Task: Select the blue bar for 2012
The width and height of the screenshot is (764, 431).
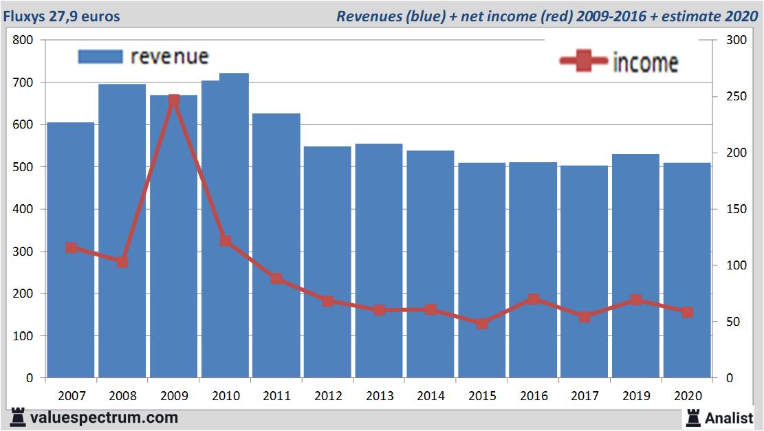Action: click(327, 261)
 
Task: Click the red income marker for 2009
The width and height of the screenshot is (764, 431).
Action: click(174, 100)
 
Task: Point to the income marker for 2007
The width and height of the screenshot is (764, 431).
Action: click(71, 247)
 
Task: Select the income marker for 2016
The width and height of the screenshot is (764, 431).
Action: click(534, 299)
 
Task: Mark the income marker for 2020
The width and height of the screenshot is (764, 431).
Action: click(687, 312)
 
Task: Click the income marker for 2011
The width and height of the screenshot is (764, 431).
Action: click(276, 278)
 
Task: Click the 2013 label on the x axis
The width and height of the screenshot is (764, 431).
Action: click(379, 396)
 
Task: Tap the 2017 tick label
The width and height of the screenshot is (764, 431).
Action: click(585, 396)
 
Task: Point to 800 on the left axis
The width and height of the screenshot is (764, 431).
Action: click(23, 40)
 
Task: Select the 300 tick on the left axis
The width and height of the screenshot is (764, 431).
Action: click(23, 252)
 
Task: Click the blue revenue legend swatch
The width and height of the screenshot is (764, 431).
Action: click(100, 56)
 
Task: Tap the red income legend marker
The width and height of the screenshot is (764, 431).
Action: click(583, 62)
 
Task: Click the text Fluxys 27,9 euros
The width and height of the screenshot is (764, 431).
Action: click(61, 16)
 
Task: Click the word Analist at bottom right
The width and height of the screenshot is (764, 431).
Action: click(729, 417)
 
